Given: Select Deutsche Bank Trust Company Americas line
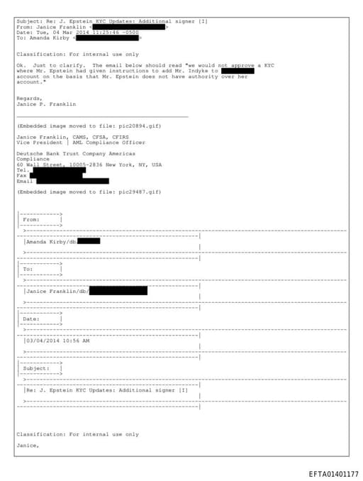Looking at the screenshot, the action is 76,153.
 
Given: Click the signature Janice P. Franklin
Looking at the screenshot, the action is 46,104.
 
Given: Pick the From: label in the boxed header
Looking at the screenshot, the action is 32,219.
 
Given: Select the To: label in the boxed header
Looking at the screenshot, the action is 28,269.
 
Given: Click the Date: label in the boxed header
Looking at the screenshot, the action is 32,319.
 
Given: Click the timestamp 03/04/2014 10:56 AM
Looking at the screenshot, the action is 58,341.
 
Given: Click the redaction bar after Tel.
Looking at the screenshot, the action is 57,170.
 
